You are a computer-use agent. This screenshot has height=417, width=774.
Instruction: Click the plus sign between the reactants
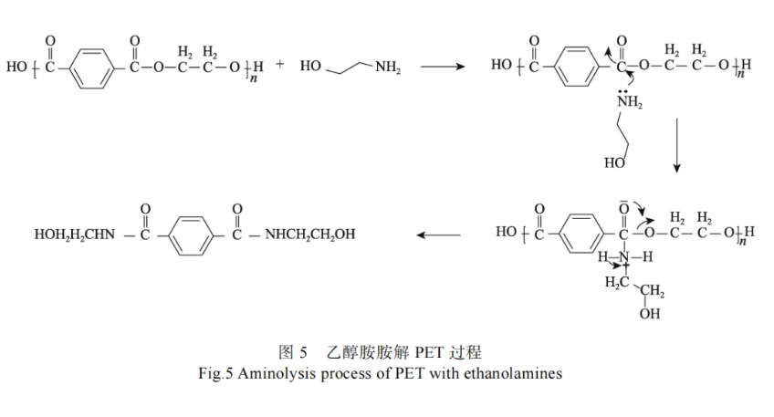pyautogui.click(x=279, y=64)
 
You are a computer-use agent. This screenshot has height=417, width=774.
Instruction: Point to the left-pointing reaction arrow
pyautogui.click(x=439, y=235)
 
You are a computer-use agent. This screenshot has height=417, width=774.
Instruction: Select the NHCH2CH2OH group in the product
pyautogui.click(x=309, y=235)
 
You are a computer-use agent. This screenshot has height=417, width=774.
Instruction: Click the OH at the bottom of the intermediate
pyautogui.click(x=650, y=314)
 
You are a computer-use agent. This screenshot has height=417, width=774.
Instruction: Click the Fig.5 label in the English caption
pyautogui.click(x=214, y=373)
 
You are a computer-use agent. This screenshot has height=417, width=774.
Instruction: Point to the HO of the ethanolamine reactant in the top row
pyautogui.click(x=309, y=68)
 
